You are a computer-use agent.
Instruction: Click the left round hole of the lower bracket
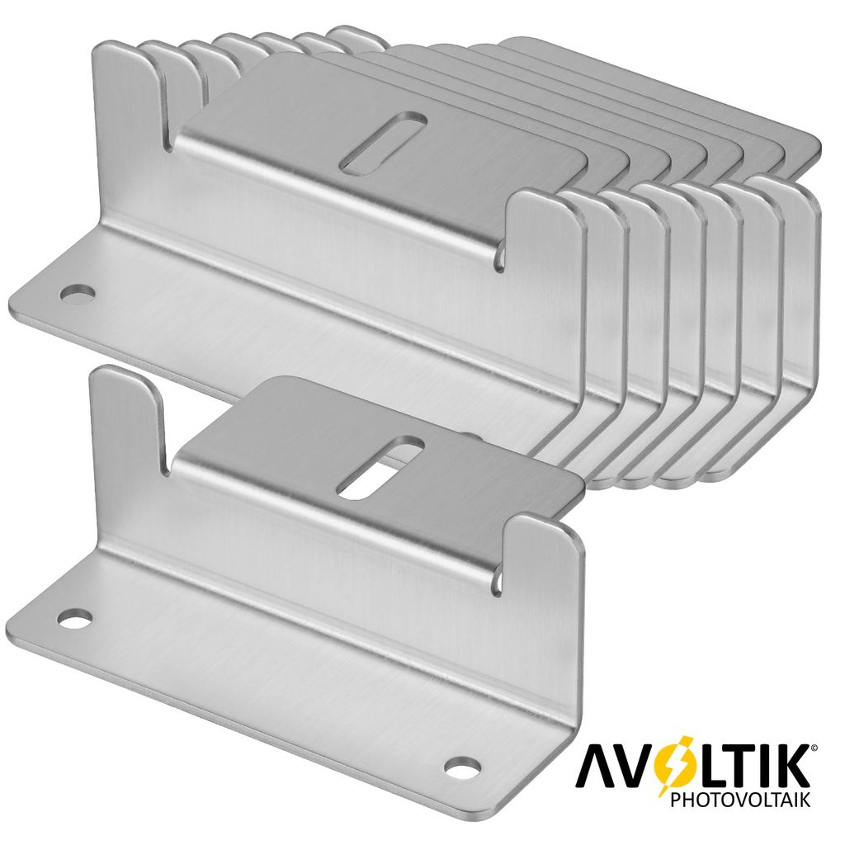(76, 616)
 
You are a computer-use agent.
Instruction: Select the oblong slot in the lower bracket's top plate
(380, 467)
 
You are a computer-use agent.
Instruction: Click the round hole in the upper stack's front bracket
(78, 292)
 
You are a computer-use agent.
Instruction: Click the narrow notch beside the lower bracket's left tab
(168, 462)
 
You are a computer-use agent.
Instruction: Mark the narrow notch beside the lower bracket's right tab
(500, 578)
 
